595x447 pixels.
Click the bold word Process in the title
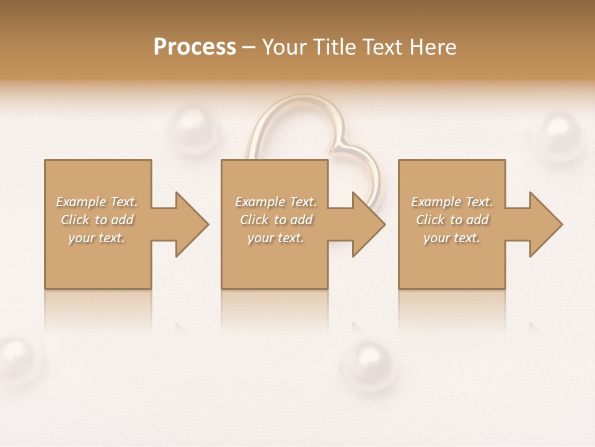195,47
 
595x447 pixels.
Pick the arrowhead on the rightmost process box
545,224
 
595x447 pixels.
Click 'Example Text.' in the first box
97,202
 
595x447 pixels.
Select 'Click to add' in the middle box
276,220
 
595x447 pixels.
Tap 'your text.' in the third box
452,238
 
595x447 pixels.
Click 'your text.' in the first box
97,238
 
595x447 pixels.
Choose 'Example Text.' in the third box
452,202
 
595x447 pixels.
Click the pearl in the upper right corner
560,135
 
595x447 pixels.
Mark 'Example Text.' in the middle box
276,202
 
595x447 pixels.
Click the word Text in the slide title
380,47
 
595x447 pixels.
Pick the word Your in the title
284,47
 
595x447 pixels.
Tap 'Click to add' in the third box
452,220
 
